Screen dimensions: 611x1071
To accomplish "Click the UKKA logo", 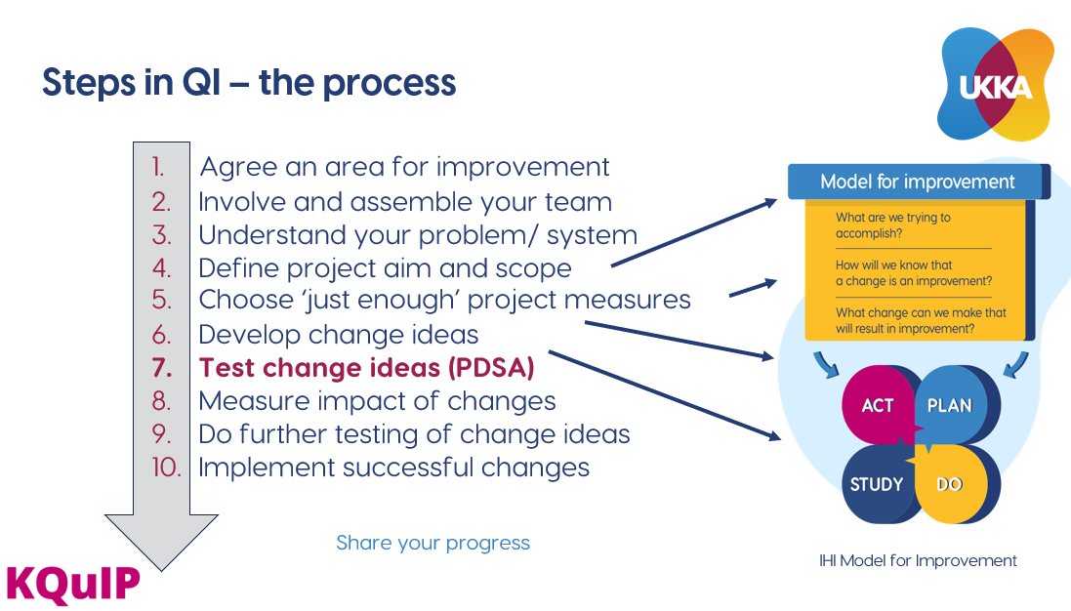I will click(997, 85).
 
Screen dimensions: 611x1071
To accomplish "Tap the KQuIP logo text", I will click(72, 583).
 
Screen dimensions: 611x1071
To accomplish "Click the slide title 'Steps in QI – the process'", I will click(249, 84).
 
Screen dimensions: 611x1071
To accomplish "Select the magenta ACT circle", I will click(877, 405).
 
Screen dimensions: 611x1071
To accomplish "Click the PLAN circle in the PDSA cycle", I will click(950, 405).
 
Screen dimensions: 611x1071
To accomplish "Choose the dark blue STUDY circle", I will click(876, 484).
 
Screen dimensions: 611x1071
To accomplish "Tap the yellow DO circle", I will click(950, 484).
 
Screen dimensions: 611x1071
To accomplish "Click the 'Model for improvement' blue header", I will click(916, 182).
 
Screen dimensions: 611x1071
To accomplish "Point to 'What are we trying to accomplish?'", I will click(892, 225).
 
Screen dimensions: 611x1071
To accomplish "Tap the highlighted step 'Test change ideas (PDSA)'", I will click(367, 368).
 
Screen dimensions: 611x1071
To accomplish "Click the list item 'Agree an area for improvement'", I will click(404, 167).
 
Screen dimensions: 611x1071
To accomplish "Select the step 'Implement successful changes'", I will click(393, 468).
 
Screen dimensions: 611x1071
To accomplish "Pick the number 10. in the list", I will click(167, 468).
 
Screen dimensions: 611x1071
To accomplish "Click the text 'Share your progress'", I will click(433, 543).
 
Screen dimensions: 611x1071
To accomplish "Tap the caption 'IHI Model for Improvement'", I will click(918, 560).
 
